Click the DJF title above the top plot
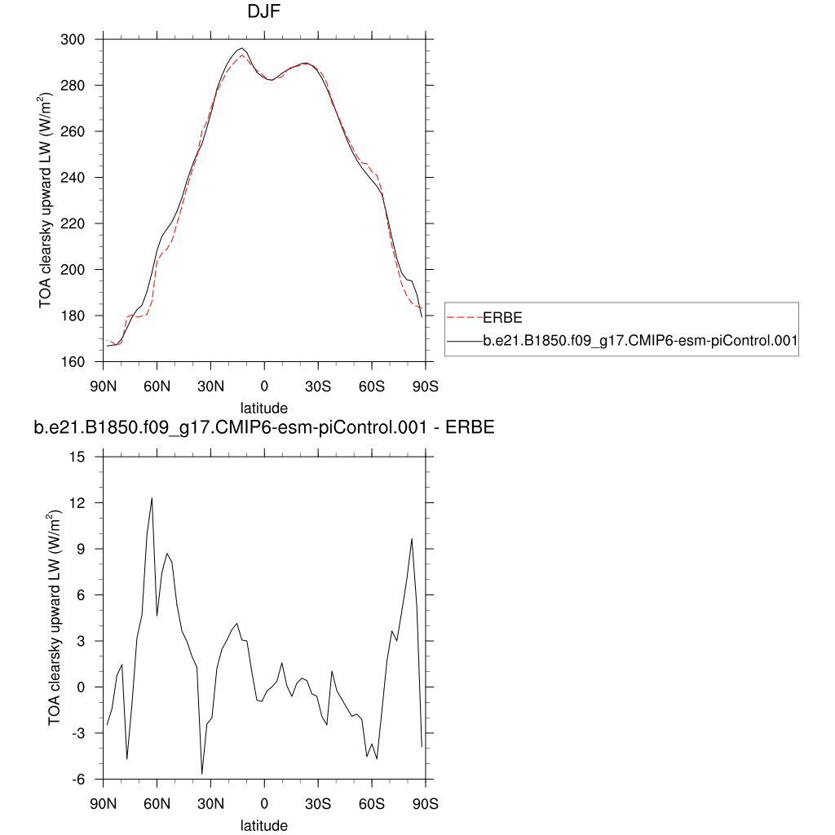263,13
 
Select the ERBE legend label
502,317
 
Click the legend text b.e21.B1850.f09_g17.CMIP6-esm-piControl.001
639,342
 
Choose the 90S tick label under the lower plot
425,803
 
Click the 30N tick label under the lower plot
210,803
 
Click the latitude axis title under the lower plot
263,825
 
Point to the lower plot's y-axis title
55,617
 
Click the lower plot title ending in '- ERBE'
263,427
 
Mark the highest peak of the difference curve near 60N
152,497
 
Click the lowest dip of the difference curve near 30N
201,773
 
